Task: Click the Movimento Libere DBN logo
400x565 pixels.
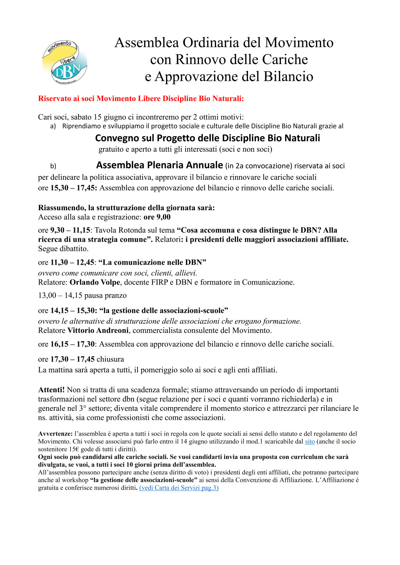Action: [64, 62]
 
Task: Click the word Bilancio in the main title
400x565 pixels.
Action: [288, 76]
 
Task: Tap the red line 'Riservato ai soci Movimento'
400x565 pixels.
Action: [141, 99]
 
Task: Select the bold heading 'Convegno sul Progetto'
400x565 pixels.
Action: [207, 138]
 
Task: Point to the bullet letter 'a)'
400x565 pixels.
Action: [53, 126]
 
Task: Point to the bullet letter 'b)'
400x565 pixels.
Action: [53, 166]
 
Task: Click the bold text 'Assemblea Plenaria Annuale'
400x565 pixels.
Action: [159, 165]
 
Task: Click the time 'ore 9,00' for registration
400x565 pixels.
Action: [157, 217]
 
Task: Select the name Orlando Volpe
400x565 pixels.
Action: [95, 282]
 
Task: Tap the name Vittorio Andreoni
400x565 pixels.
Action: [98, 331]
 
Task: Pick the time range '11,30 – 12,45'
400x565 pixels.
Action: [72, 262]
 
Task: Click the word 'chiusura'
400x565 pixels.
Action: [110, 360]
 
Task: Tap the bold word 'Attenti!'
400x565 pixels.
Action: [51, 390]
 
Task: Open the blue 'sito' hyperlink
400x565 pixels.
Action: [310, 442]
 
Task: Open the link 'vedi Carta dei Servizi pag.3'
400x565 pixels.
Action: [179, 488]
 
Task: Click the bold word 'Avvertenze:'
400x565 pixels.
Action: [55, 434]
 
